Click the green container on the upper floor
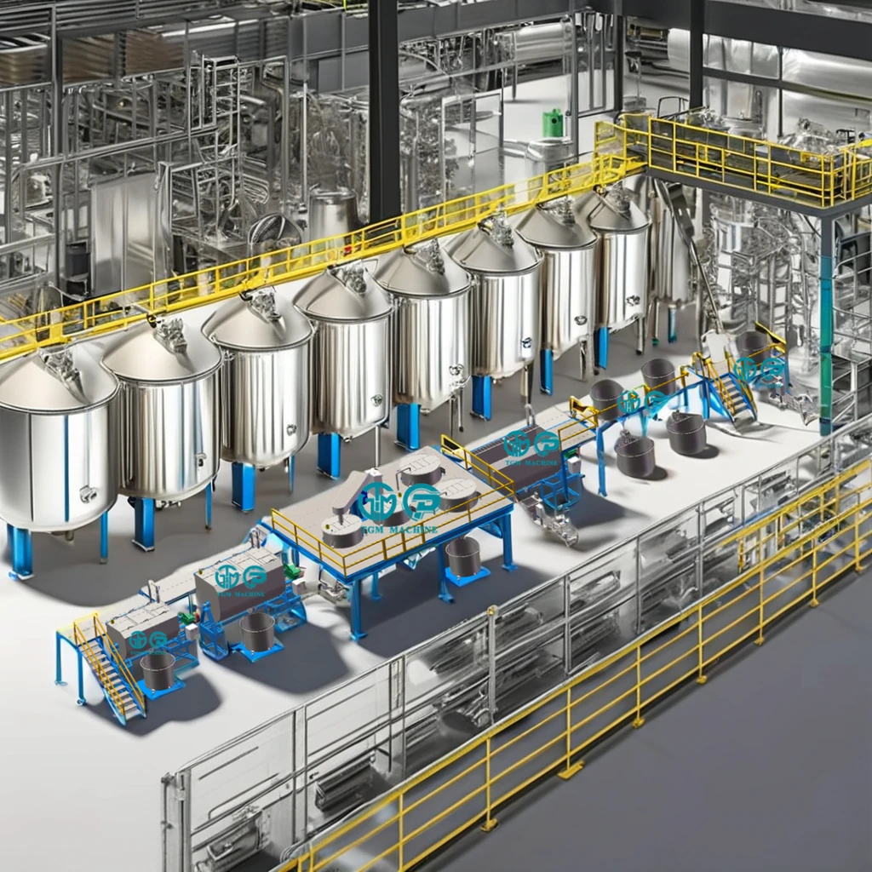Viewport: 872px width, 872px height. click(x=554, y=123)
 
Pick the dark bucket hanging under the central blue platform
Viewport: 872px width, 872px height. click(x=462, y=557)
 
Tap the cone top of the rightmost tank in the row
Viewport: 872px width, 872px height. click(x=617, y=208)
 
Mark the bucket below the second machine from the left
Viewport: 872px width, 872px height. click(x=256, y=631)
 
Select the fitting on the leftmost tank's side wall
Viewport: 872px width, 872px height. click(x=87, y=493)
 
